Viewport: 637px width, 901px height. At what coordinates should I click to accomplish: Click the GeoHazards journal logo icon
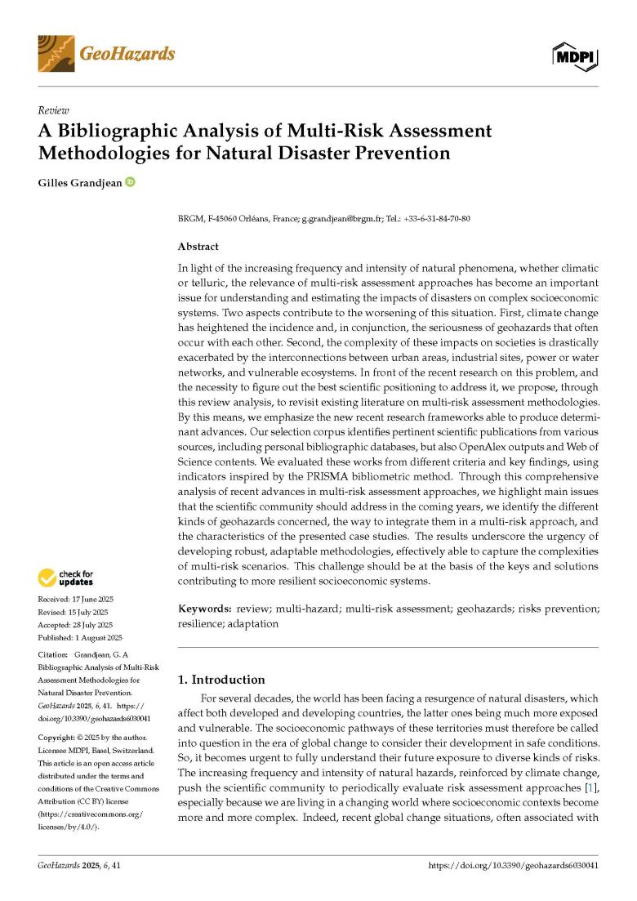pos(56,53)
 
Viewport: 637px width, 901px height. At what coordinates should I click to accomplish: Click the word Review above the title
pos(53,110)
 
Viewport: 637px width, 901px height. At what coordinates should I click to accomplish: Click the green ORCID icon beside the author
pos(130,181)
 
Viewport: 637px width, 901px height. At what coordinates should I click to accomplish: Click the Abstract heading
pos(198,245)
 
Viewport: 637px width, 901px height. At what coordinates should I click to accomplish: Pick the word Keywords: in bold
pos(204,610)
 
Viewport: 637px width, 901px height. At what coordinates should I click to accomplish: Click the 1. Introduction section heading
pos(220,679)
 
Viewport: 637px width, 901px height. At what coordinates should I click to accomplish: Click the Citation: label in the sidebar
pos(53,655)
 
